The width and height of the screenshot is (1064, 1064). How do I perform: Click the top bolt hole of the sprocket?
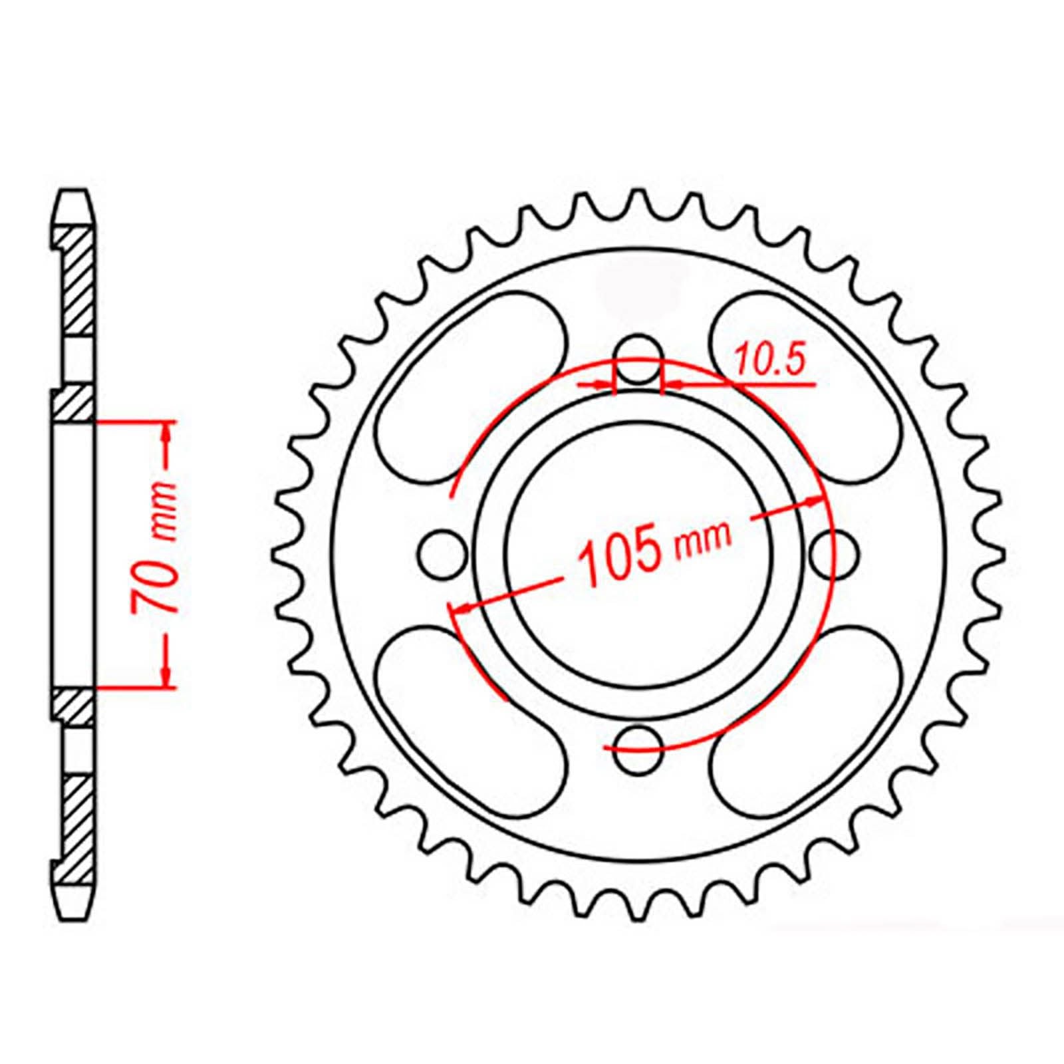coord(639,360)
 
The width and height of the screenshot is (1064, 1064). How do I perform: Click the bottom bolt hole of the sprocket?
coord(639,749)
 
